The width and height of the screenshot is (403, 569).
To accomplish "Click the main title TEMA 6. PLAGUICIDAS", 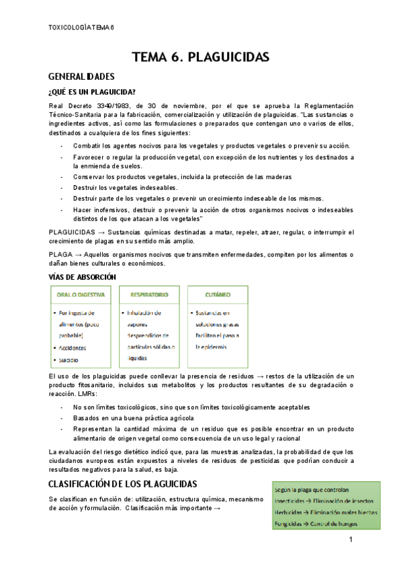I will [201, 58].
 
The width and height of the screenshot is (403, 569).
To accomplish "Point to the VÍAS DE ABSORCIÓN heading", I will [83, 276].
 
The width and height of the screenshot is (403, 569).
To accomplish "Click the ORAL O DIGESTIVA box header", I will [81, 295].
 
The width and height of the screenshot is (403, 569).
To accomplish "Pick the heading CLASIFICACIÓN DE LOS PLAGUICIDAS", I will [123, 484].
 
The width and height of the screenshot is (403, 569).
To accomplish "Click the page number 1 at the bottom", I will [351, 540].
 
